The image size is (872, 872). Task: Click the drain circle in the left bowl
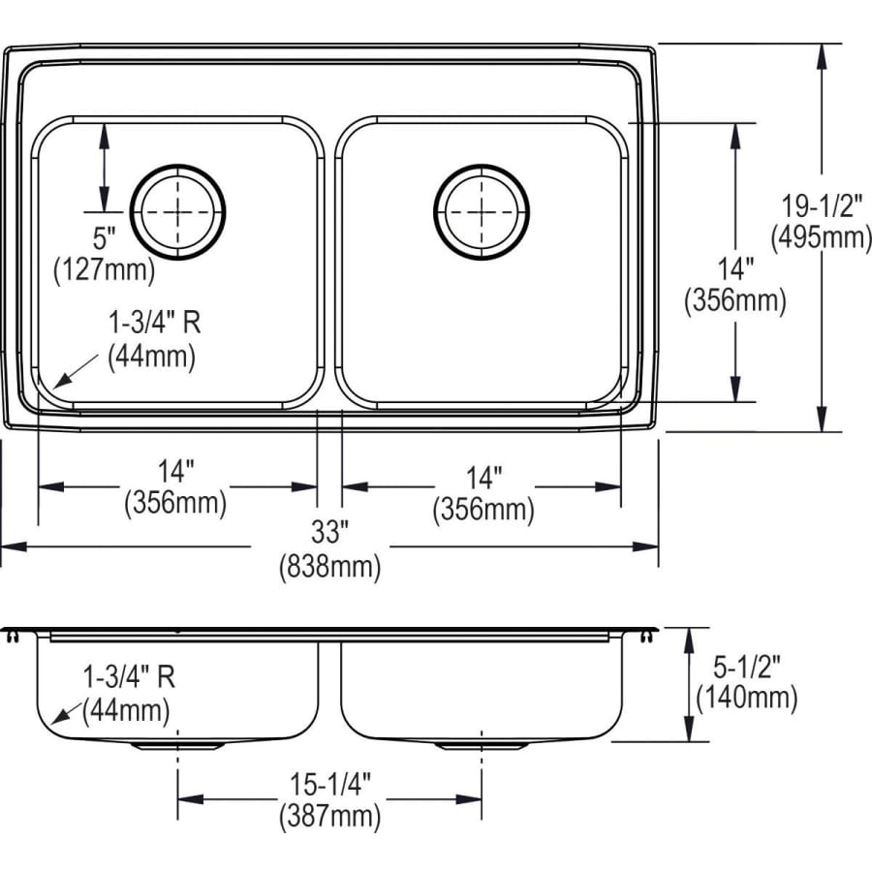click(178, 212)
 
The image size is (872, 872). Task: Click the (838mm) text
click(329, 566)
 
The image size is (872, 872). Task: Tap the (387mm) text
click(329, 816)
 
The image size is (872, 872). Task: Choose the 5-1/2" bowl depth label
click(745, 667)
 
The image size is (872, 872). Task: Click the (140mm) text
click(746, 697)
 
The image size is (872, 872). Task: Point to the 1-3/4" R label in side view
click(128, 678)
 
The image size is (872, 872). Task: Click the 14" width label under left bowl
click(174, 472)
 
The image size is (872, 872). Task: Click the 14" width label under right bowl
click(482, 476)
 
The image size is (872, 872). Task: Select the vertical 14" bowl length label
click(734, 267)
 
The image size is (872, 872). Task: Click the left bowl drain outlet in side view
click(177, 746)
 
